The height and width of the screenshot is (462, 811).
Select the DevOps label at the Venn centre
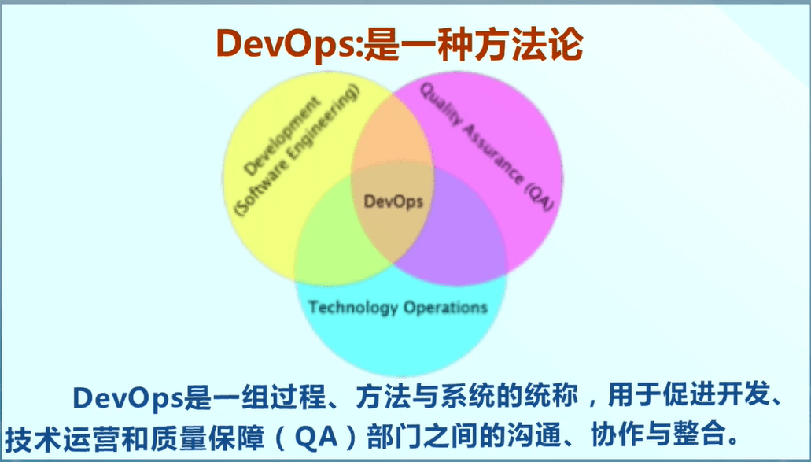(x=393, y=201)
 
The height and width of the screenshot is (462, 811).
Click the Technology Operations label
(x=397, y=306)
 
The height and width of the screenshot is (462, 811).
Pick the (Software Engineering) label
(x=299, y=150)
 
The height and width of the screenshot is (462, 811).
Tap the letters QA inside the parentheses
(x=315, y=434)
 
